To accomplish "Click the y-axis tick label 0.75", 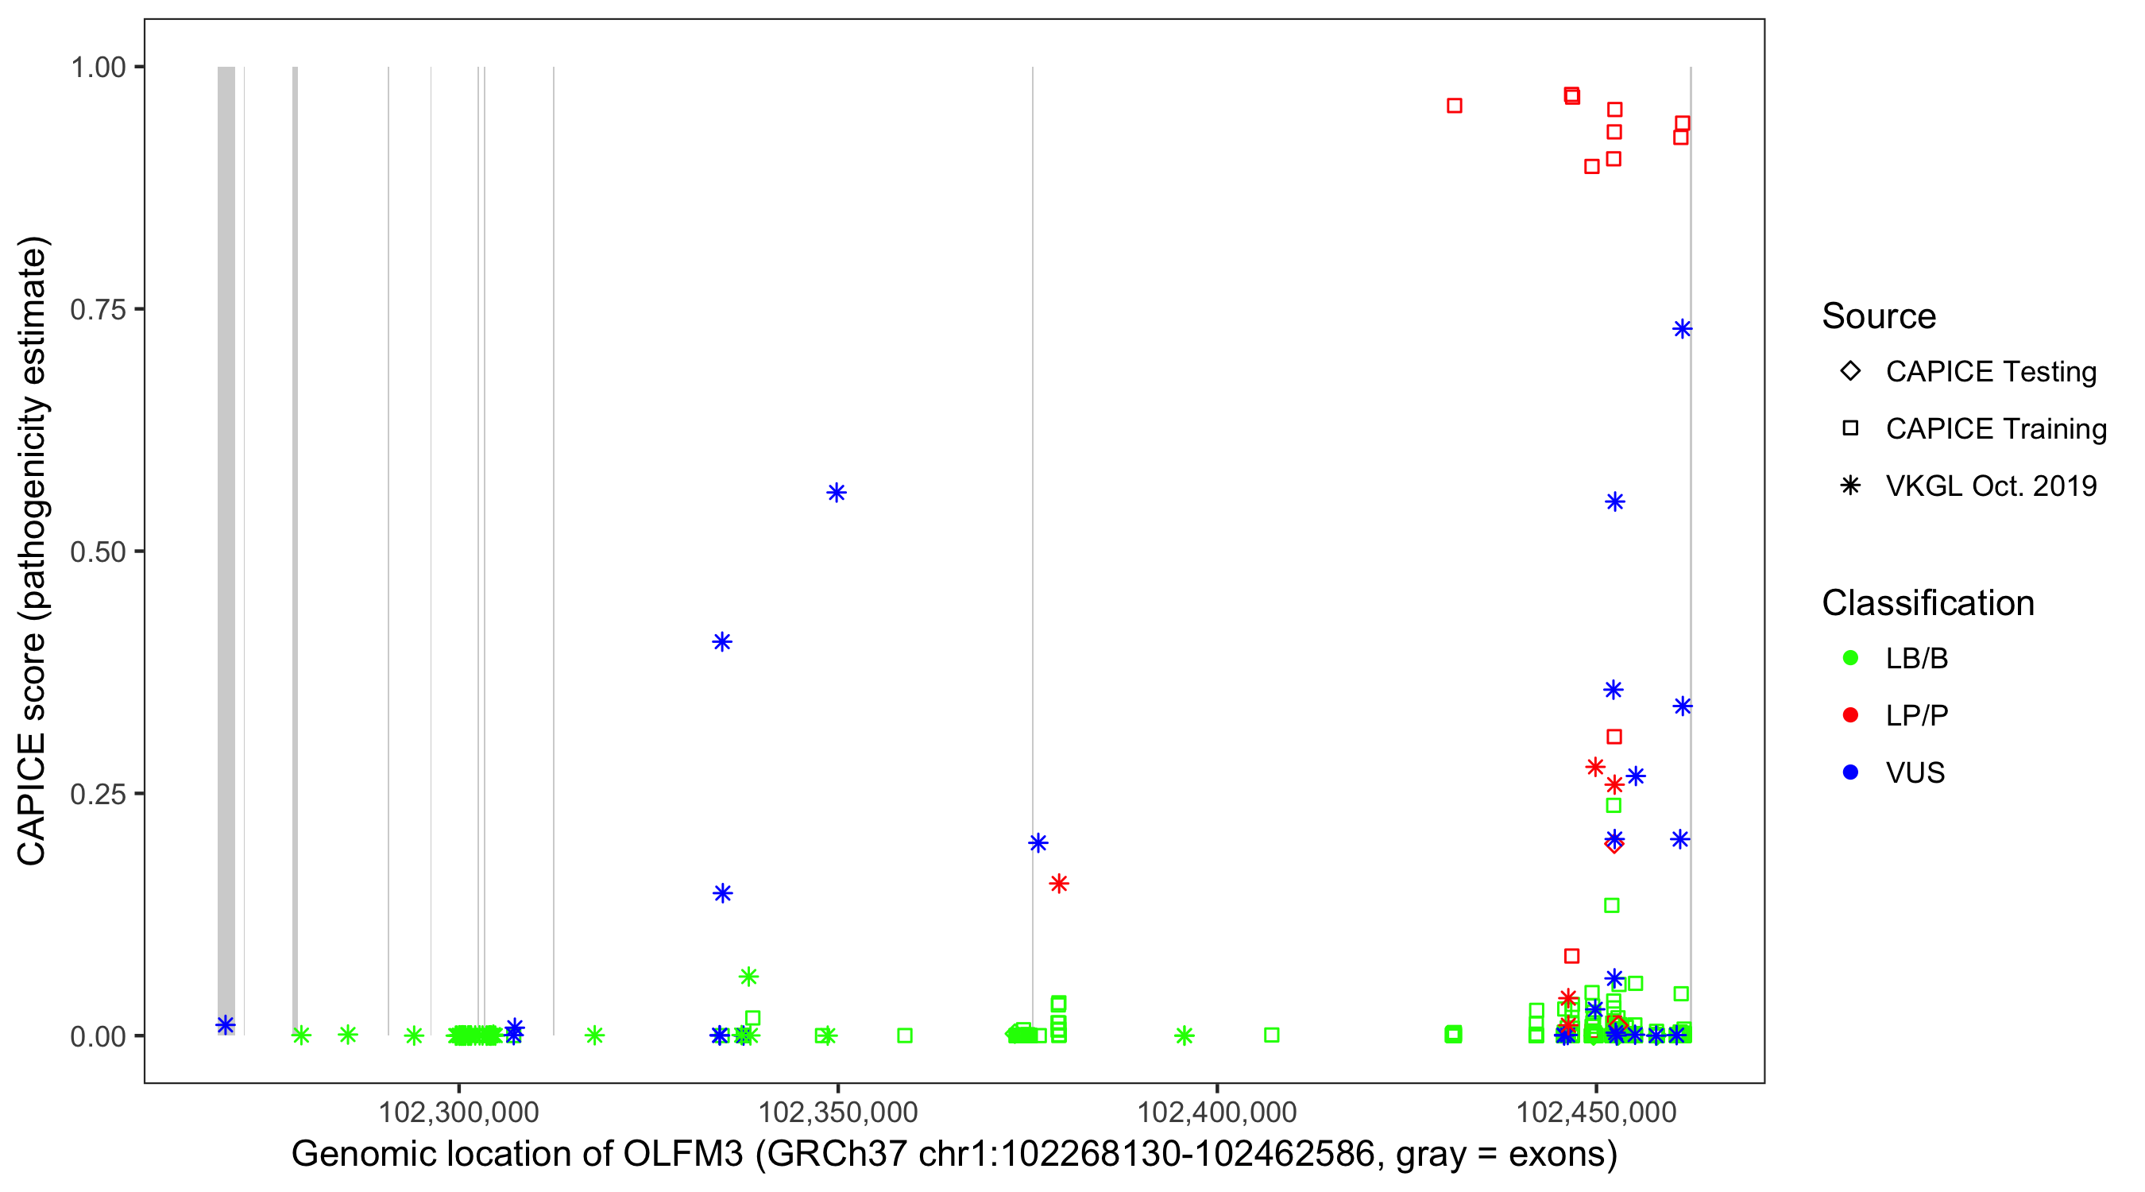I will click(x=97, y=309).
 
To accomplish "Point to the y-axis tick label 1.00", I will click(x=97, y=67).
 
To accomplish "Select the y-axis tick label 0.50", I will click(x=97, y=551).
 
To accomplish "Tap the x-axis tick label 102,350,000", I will click(x=837, y=1112).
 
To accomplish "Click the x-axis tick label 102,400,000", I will click(x=1216, y=1112).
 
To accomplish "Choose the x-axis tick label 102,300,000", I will click(x=459, y=1112).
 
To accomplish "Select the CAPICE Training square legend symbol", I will click(x=1850, y=428).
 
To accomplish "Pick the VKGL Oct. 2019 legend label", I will click(x=1991, y=486).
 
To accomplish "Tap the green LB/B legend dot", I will click(x=1850, y=658).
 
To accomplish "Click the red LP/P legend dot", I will click(x=1850, y=715).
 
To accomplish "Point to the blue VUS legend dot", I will click(x=1850, y=772).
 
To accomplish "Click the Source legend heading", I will click(x=1879, y=315).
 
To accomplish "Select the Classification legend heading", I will click(x=1927, y=603).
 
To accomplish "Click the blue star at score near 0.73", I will click(x=1682, y=329).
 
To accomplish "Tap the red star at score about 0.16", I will click(x=1058, y=884).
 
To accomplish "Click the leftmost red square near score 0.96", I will click(x=1454, y=106).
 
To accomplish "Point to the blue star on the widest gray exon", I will click(x=226, y=1025).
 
